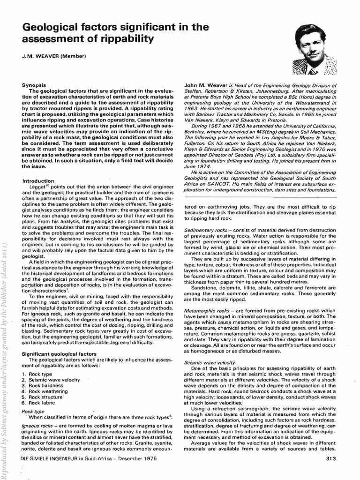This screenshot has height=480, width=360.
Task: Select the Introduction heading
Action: pos(38,181)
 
